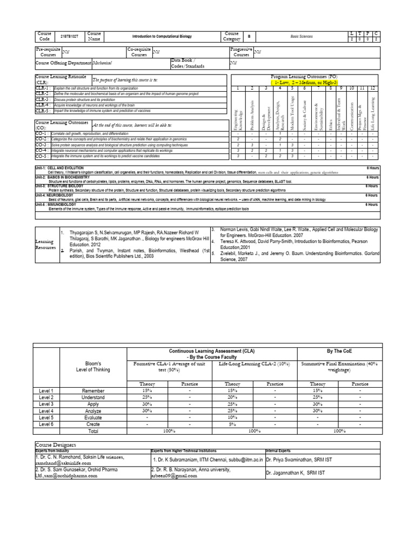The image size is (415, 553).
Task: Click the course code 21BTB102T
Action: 66,37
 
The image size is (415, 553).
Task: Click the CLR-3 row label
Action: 43,100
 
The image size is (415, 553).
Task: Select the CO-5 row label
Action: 42,156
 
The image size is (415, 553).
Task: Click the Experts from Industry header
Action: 53,450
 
